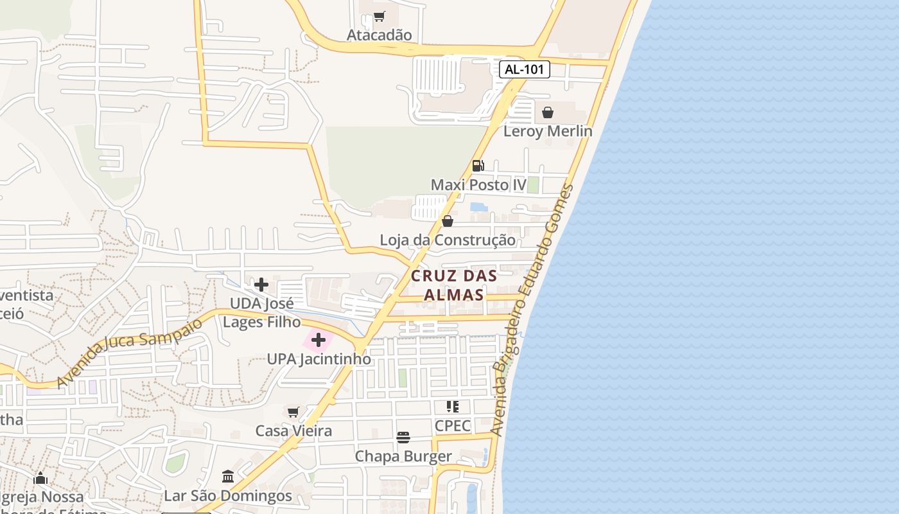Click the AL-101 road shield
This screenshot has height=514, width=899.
pyautogui.click(x=525, y=69)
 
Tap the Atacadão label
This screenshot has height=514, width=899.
pyautogui.click(x=379, y=35)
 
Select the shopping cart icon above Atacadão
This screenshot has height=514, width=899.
pyautogui.click(x=380, y=16)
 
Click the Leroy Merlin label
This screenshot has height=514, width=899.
pyautogui.click(x=548, y=131)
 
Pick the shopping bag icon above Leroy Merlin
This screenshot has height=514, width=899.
pyautogui.click(x=548, y=112)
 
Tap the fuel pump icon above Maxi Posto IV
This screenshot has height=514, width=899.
pyautogui.click(x=478, y=165)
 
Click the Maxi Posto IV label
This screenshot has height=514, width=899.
pyautogui.click(x=478, y=185)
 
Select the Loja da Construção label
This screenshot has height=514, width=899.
pyautogui.click(x=448, y=240)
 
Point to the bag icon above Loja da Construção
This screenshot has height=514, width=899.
pyautogui.click(x=448, y=221)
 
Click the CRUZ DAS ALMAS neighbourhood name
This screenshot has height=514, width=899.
pyautogui.click(x=454, y=285)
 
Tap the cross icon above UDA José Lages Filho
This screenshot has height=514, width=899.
pyautogui.click(x=261, y=284)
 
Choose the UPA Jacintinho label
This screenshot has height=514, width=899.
pyautogui.click(x=319, y=359)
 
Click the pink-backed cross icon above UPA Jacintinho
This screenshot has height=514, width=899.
pyautogui.click(x=318, y=340)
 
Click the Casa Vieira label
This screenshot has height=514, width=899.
pyautogui.click(x=293, y=430)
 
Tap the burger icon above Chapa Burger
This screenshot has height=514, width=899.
pyautogui.click(x=403, y=438)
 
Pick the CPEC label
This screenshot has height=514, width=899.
pyautogui.click(x=453, y=425)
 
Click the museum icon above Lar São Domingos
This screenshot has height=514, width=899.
pyautogui.click(x=228, y=476)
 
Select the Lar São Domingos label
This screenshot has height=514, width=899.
pyautogui.click(x=228, y=496)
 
